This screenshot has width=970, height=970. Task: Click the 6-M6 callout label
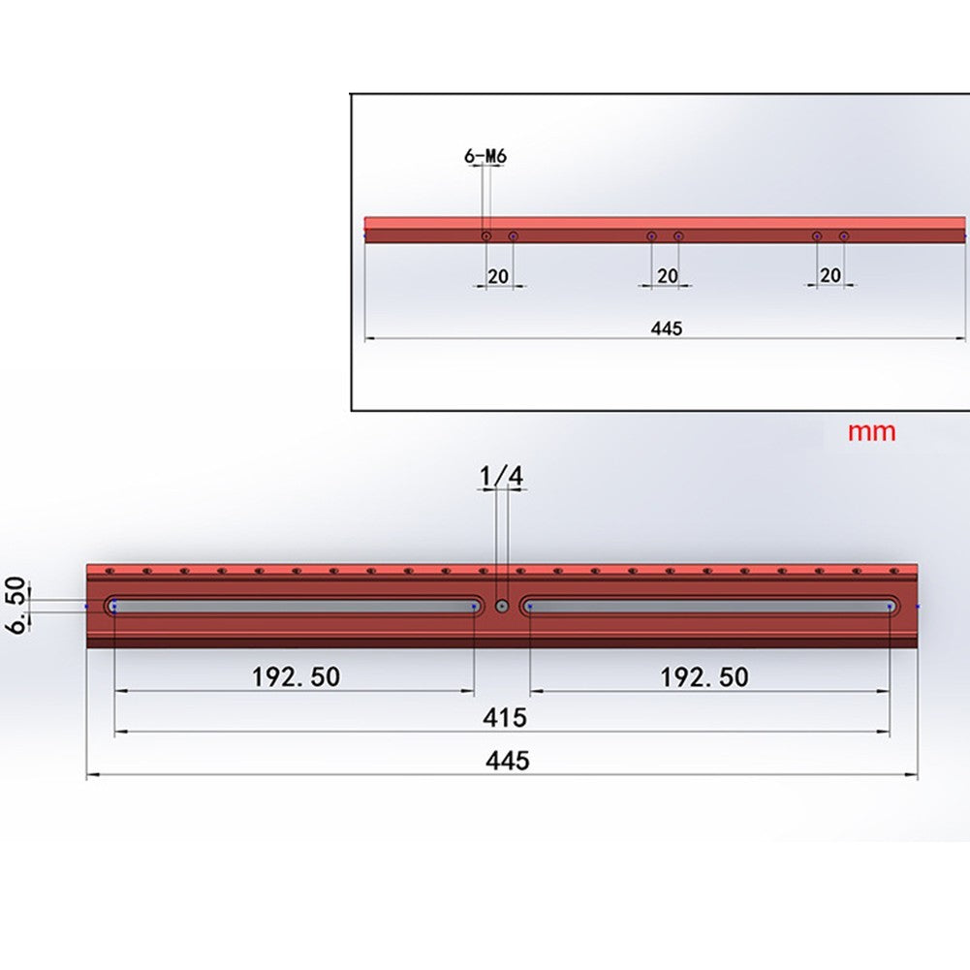click(485, 156)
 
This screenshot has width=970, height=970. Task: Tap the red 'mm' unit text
click(871, 432)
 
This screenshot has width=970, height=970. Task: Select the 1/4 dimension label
click(501, 476)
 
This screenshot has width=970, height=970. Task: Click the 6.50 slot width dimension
click(16, 605)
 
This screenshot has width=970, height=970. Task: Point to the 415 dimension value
click(505, 718)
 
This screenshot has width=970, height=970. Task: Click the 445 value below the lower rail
click(507, 761)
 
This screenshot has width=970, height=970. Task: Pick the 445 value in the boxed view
click(667, 328)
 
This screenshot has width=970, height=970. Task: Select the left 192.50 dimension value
click(296, 676)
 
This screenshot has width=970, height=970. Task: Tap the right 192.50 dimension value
click(704, 676)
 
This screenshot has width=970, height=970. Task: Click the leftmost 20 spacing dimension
click(498, 276)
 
